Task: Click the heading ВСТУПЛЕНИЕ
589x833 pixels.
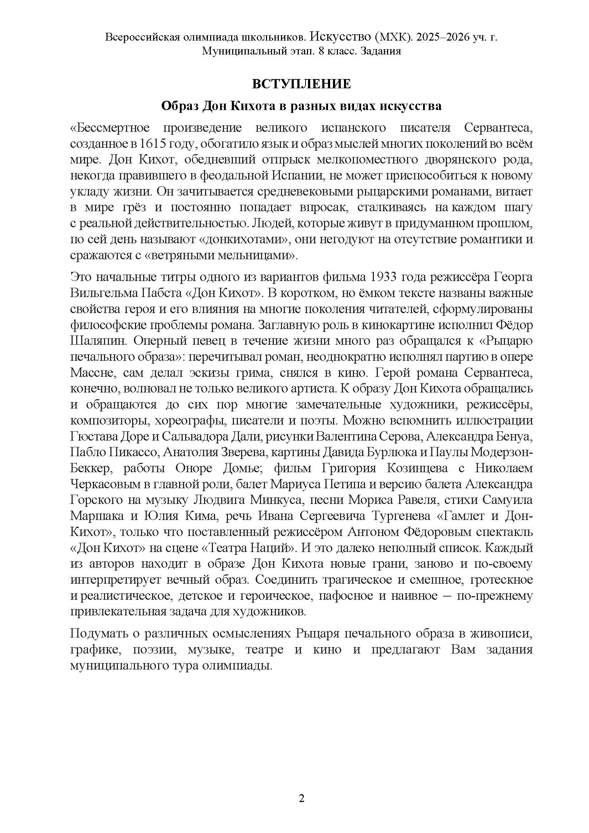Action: (x=301, y=84)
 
